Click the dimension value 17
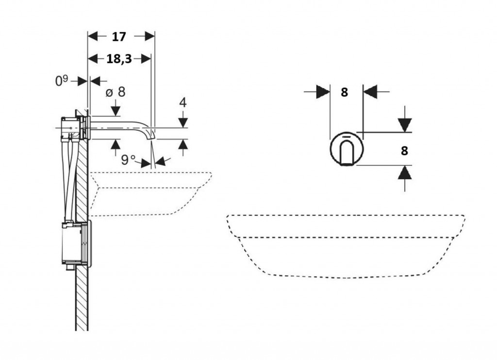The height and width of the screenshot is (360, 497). point(119,36)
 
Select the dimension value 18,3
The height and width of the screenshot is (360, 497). point(119,59)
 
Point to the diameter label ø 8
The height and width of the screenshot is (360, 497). point(115,92)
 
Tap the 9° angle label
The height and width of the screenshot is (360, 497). point(129,159)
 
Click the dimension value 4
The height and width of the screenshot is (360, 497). point(182,103)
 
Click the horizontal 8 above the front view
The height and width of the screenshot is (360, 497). point(344,92)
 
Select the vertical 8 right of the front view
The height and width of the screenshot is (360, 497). point(404,151)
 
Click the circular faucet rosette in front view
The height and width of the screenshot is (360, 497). point(347,149)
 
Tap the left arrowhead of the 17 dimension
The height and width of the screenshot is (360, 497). point(93,36)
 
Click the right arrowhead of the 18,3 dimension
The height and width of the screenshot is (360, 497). point(145,59)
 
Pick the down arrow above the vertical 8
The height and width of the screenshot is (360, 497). point(405,125)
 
